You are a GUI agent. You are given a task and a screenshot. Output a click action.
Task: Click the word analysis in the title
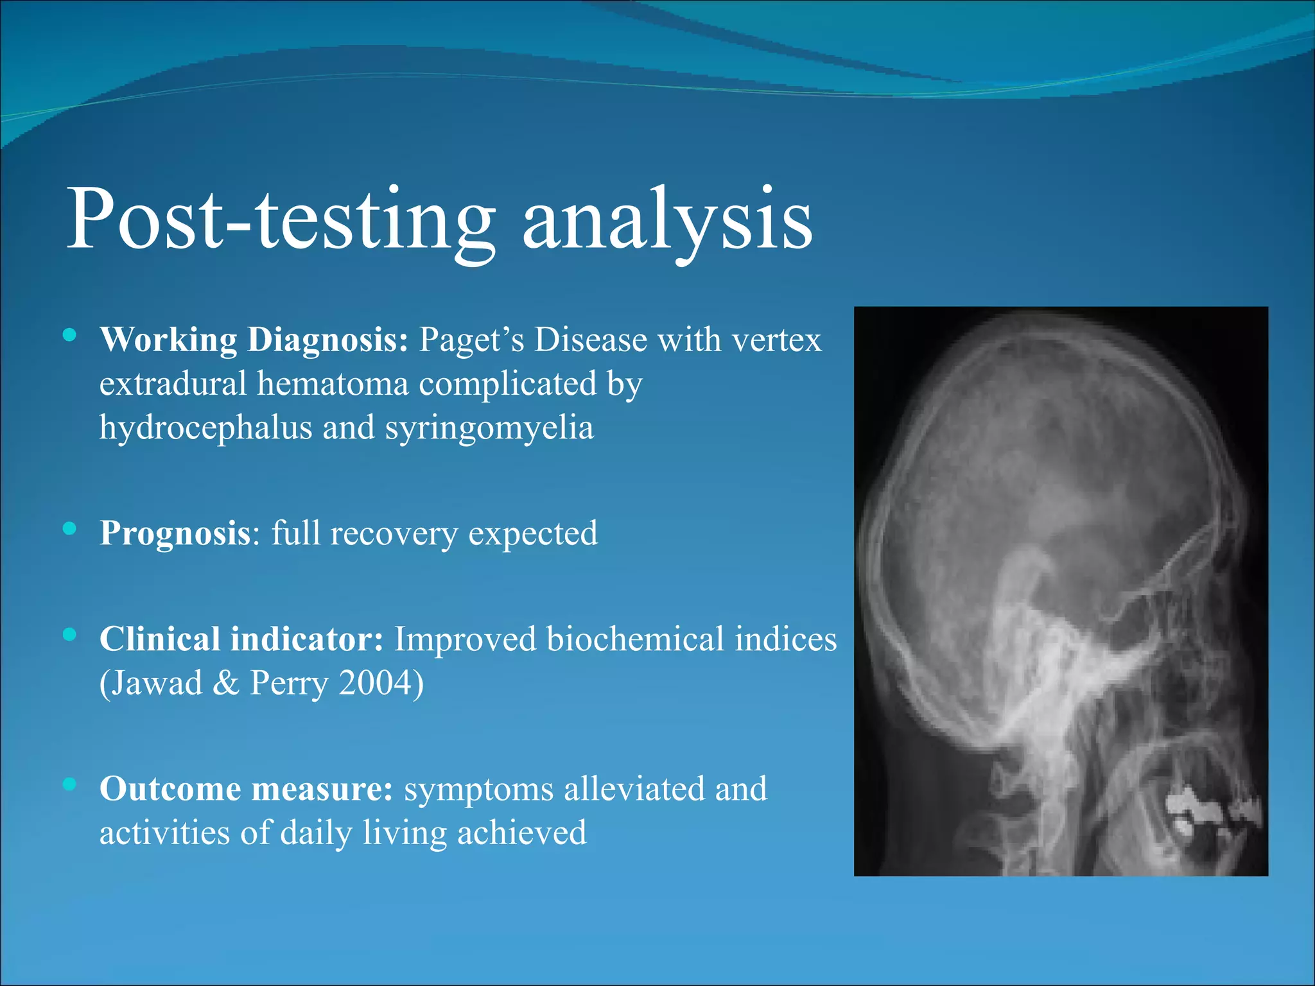coord(667,220)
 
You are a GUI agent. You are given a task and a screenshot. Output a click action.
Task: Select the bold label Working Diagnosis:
coord(254,340)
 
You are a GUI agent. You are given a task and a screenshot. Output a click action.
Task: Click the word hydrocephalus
coord(205,428)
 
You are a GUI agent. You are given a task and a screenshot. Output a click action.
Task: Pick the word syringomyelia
coord(489,428)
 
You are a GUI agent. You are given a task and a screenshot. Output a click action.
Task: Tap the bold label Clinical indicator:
coord(241,639)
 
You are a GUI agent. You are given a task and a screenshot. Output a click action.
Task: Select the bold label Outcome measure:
coord(246,789)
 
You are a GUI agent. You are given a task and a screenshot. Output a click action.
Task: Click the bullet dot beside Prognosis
coord(70,528)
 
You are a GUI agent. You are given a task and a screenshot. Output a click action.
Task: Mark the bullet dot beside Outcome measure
coord(70,784)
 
